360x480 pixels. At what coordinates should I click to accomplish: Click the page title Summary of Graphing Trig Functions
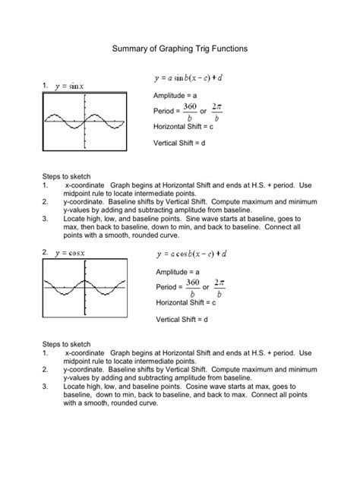179,48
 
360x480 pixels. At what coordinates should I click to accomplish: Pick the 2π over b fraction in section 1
217,111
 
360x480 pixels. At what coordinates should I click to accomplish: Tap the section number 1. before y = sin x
46,86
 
